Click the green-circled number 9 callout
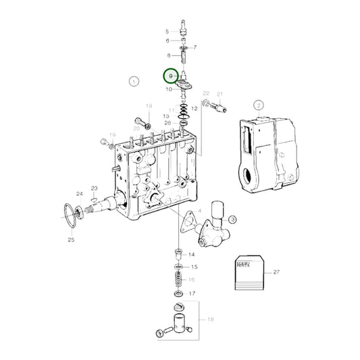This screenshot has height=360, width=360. (x=172, y=76)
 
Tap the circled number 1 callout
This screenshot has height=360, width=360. (x=134, y=82)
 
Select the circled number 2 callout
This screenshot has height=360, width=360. (x=258, y=105)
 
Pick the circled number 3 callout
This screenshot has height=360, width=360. (x=231, y=220)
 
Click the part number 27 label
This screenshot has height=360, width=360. (x=276, y=272)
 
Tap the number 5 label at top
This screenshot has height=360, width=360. (x=168, y=32)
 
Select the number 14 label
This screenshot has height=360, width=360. (x=192, y=255)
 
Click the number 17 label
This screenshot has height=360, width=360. (x=192, y=294)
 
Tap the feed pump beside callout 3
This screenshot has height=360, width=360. (x=212, y=226)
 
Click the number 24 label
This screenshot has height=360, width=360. (x=80, y=194)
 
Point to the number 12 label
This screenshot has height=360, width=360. (x=194, y=108)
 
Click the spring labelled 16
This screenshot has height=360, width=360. (x=178, y=279)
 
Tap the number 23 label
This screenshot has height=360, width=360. (x=95, y=188)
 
